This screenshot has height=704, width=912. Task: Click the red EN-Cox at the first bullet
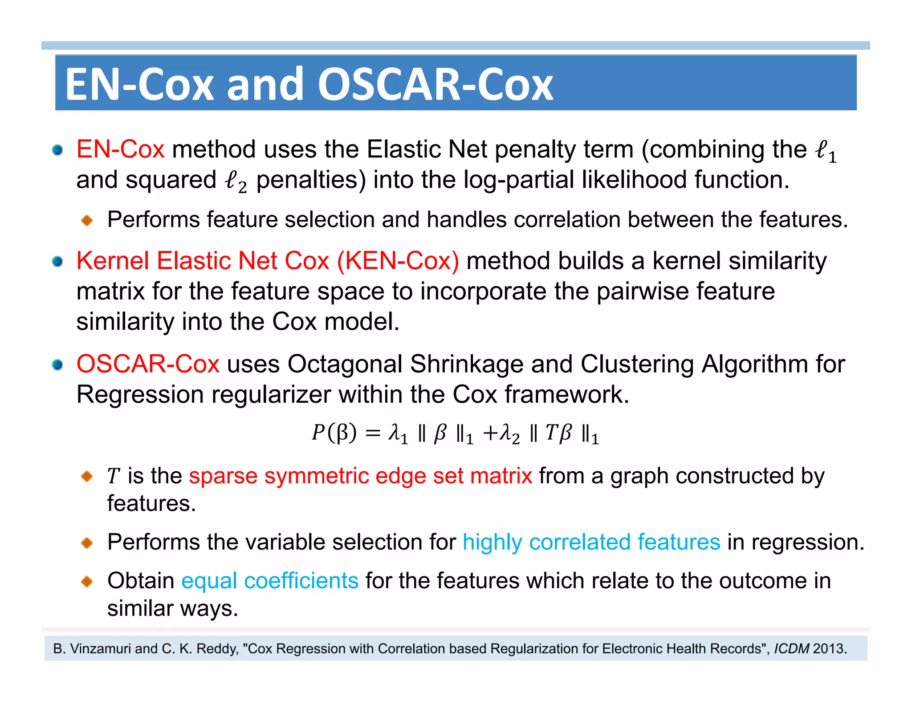(120, 149)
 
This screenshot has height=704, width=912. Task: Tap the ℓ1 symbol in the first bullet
(826, 151)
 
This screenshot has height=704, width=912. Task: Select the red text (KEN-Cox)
(398, 261)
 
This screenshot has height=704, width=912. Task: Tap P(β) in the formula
(334, 433)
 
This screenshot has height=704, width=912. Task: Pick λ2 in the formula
(509, 433)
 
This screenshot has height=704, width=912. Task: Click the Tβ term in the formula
(558, 433)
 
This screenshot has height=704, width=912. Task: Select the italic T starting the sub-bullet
(113, 476)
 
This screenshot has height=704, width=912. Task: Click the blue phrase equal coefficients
(270, 581)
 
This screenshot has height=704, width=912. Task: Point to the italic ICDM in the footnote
(791, 649)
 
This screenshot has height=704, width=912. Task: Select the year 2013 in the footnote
(828, 649)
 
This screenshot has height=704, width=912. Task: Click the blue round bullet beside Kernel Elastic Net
(57, 261)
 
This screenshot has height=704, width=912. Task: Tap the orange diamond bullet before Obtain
(87, 581)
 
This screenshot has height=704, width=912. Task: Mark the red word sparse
(223, 476)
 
